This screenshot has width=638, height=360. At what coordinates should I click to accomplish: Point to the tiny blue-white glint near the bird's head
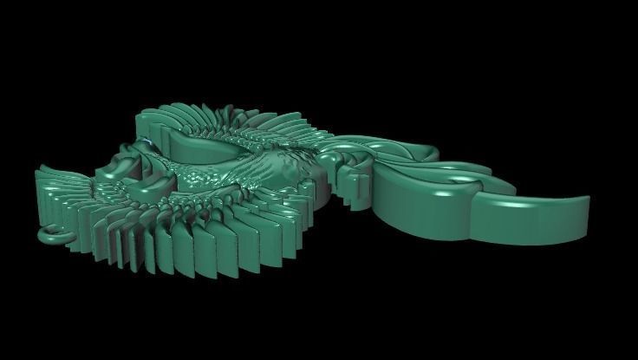[150, 141]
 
